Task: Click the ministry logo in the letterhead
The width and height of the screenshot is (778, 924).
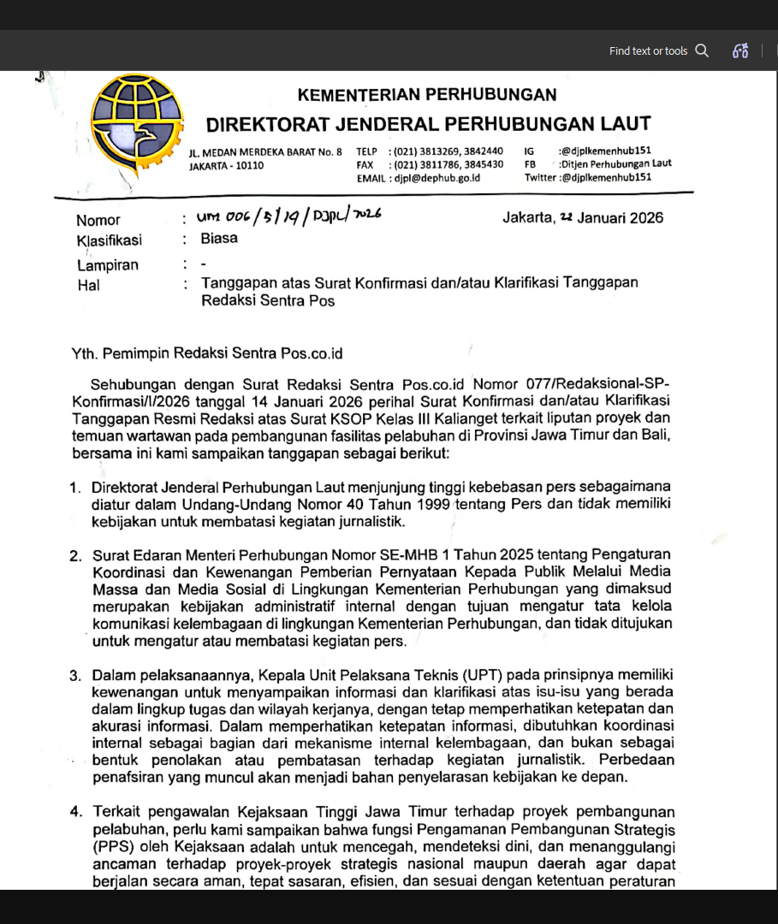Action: click(x=137, y=122)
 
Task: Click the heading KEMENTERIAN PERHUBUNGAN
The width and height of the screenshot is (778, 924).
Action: click(x=427, y=95)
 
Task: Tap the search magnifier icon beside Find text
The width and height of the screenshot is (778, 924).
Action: click(x=702, y=50)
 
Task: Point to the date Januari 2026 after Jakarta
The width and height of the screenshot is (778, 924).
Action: click(x=620, y=217)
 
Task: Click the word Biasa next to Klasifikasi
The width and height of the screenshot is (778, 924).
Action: click(x=219, y=239)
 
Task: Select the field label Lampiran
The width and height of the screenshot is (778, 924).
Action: click(x=107, y=265)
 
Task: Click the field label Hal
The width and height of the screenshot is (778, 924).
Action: click(x=87, y=286)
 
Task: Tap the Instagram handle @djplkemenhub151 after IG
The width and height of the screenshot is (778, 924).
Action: click(x=604, y=151)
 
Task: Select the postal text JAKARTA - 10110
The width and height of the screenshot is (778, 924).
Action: click(x=226, y=165)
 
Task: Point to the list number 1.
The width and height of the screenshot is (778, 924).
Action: click(x=75, y=489)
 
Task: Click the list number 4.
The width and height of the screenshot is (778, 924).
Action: click(x=75, y=812)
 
